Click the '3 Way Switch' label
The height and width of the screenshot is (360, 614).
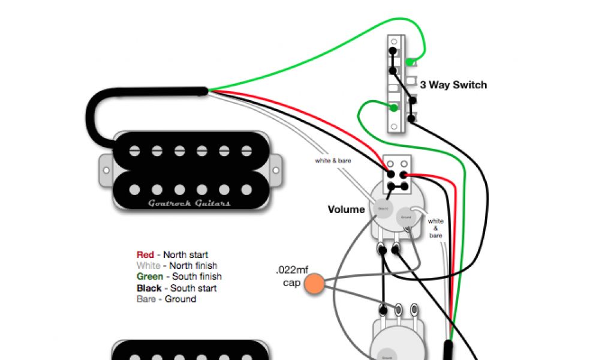[453, 85]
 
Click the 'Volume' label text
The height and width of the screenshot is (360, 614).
[346, 209]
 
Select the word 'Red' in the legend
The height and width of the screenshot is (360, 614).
[145, 254]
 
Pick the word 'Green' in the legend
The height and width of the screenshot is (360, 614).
[149, 277]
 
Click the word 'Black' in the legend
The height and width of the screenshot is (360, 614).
[149, 288]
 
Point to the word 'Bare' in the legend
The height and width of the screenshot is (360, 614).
[146, 299]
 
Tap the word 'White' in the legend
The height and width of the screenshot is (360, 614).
[148, 265]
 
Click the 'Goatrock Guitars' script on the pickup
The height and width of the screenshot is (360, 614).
[189, 203]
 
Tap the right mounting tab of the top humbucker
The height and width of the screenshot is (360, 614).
[275, 169]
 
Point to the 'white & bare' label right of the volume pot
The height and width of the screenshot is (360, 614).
[436, 229]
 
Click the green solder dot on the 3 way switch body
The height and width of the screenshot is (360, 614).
[393, 108]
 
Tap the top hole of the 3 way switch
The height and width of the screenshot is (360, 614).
[394, 42]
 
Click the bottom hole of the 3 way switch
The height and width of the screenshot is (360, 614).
[394, 127]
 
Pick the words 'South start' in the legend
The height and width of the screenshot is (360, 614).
[194, 288]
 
